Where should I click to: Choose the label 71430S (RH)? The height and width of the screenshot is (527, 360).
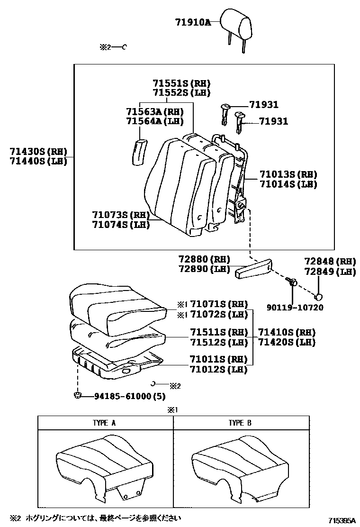pos(38,152)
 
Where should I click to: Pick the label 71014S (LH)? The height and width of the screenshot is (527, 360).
pos(288,184)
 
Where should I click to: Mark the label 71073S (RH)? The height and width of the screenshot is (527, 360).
pos(121,215)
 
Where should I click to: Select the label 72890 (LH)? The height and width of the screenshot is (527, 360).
pos(204,269)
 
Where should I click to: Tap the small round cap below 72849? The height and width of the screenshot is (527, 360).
pos(320,297)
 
